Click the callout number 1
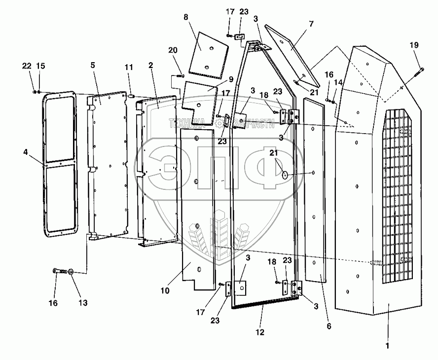pyautogui.click(x=388, y=346)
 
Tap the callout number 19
pyautogui.click(x=414, y=45)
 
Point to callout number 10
pyautogui.click(x=165, y=291)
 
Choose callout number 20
pyautogui.click(x=172, y=50)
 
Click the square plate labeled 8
pyautogui.click(x=210, y=54)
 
